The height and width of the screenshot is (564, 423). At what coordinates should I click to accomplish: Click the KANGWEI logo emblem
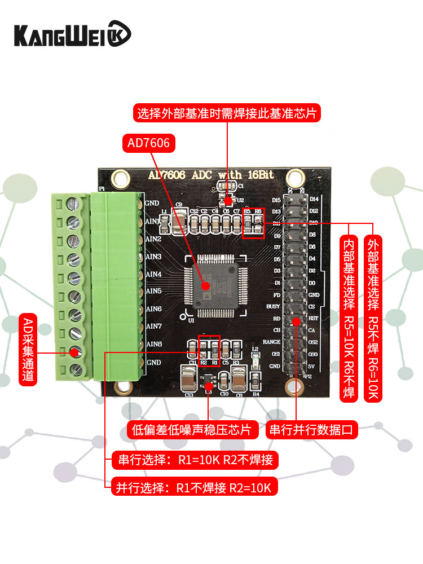pyautogui.click(x=119, y=33)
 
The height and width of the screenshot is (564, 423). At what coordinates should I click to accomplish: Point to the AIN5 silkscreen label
pyautogui.click(x=154, y=291)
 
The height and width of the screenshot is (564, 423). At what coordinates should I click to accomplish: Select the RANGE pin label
pyautogui.click(x=272, y=342)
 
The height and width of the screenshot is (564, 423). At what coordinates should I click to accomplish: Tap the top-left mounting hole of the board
pyautogui.click(x=119, y=179)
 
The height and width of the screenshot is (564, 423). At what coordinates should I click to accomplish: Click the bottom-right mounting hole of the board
pyautogui.click(x=293, y=386)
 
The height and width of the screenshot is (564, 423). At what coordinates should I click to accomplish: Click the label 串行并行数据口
pyautogui.click(x=312, y=429)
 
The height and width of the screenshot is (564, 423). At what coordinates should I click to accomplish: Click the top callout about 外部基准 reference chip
pyautogui.click(x=227, y=113)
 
